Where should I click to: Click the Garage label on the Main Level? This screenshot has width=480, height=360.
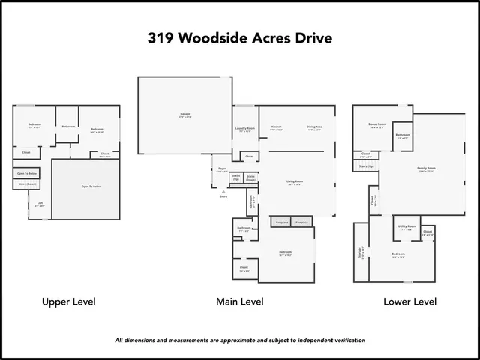click(184, 115)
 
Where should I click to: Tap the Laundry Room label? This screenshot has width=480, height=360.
click(246, 129)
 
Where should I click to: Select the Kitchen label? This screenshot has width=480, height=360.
click(276, 127)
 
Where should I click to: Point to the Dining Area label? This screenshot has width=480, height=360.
click(314, 127)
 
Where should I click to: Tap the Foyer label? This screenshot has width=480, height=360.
click(222, 169)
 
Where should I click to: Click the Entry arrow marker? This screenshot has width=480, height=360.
click(223, 193)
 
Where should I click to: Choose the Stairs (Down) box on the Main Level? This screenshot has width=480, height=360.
click(250, 179)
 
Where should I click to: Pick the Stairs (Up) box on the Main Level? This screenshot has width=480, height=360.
click(235, 178)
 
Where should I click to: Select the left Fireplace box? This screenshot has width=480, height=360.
click(283, 222)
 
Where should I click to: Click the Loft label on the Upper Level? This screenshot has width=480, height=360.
click(40, 203)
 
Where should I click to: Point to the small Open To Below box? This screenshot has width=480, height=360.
click(27, 173)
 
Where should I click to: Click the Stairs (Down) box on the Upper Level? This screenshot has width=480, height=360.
click(26, 184)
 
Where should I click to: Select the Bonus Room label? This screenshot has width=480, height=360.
click(376, 124)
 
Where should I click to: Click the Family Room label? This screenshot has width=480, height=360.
click(426, 169)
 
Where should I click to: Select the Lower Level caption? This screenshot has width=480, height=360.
click(409, 301)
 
